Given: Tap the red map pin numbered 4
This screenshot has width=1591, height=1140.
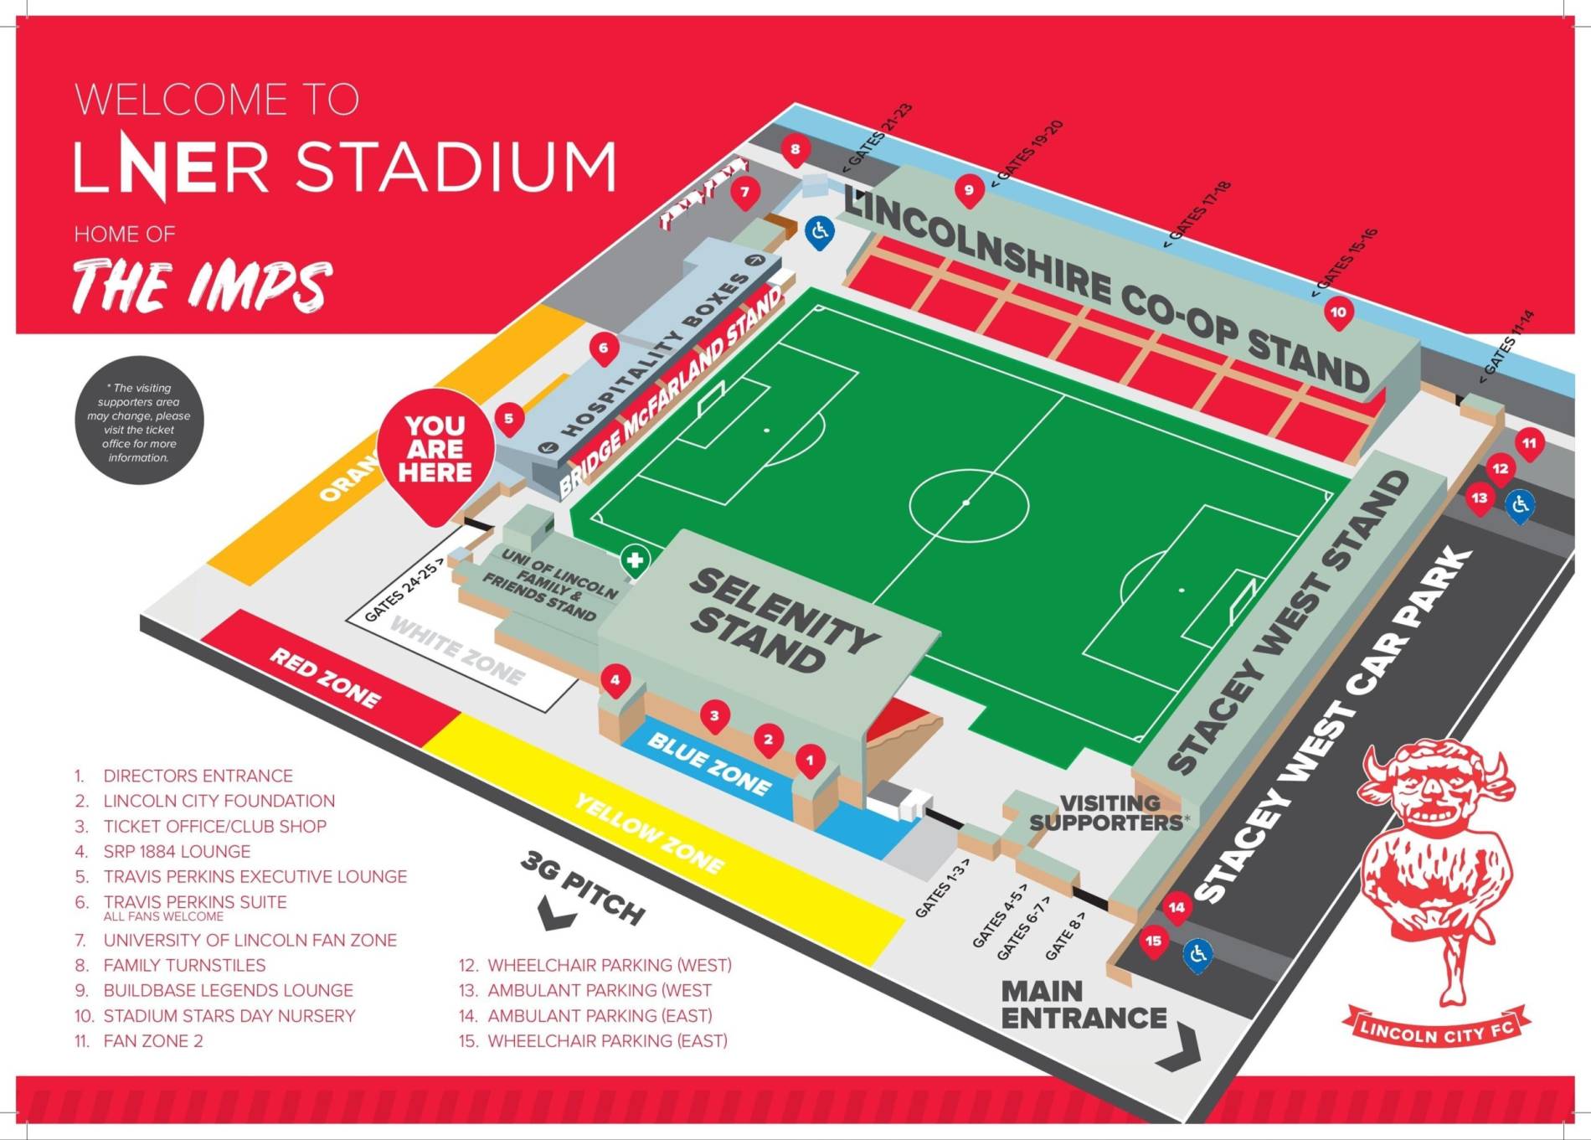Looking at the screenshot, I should point(615,680).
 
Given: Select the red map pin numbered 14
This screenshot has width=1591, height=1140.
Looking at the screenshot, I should point(1177,907).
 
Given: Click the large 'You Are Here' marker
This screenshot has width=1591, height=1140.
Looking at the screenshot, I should point(435,451).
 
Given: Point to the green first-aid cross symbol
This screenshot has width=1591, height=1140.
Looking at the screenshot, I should point(636,560).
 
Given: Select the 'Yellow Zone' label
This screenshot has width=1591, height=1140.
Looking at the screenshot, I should point(649,833).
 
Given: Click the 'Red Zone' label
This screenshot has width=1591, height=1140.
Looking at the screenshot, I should point(325,677).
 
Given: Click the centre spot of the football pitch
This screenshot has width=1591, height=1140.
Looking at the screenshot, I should point(966,503).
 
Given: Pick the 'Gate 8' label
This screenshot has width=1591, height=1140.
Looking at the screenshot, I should point(1065,935).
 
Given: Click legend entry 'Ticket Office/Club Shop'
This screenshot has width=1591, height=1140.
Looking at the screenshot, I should point(214,827).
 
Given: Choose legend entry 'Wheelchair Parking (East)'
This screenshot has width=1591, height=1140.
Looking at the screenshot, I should point(607,1041).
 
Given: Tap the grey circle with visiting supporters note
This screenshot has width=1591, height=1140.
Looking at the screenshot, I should point(139,421).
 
